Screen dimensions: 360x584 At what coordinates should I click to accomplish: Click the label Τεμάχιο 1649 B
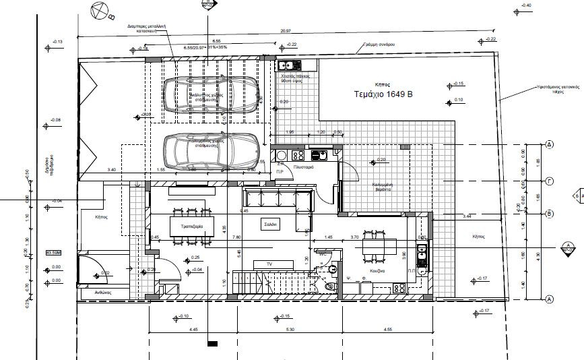[383, 95]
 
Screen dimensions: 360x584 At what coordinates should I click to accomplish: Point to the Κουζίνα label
[377, 270]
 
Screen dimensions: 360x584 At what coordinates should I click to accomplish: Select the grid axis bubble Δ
[549, 144]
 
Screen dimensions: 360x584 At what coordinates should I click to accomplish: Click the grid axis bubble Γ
[549, 181]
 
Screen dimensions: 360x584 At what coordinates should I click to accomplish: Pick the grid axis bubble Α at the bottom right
[549, 299]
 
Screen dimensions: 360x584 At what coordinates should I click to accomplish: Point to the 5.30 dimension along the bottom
[289, 330]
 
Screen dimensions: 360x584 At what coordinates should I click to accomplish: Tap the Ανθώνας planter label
[102, 293]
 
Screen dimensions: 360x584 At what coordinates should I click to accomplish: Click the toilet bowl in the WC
[328, 287]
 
